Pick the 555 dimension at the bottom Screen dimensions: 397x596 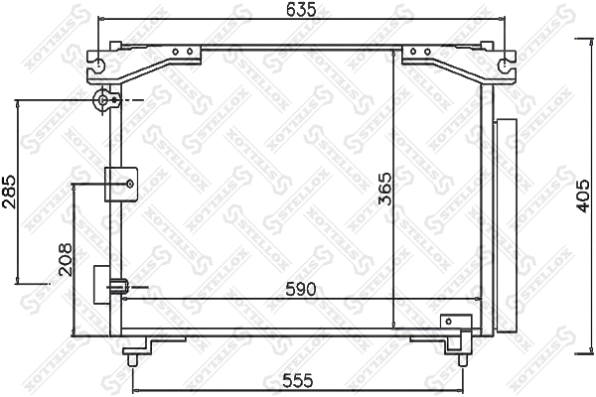(298, 380)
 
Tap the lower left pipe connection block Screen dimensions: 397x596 (106, 287)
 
